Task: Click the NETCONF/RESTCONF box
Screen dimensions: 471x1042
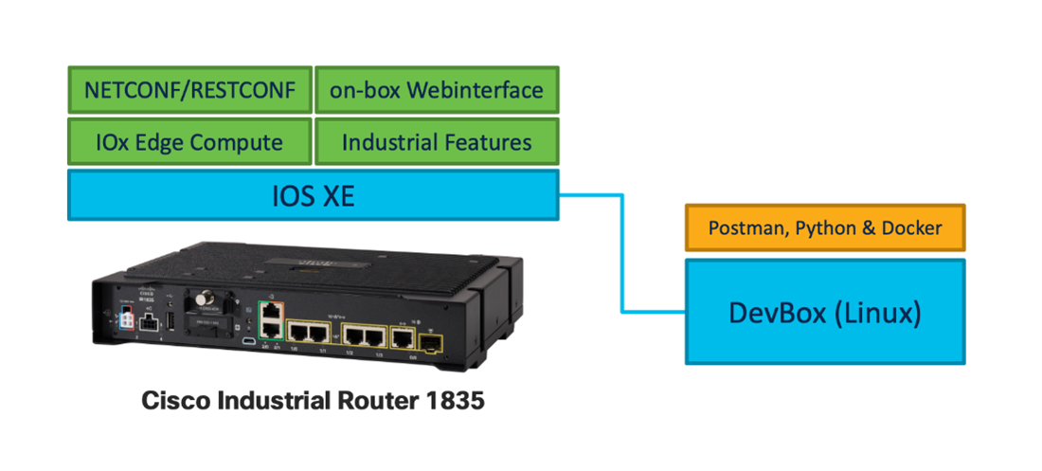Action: point(189,90)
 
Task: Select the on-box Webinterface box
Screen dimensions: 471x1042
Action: point(437,90)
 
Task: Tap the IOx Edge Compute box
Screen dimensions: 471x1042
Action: point(189,142)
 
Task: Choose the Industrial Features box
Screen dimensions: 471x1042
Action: point(437,142)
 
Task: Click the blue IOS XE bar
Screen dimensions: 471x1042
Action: point(313,196)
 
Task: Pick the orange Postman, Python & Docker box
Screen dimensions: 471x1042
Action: point(824,228)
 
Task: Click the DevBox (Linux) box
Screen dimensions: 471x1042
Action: point(824,312)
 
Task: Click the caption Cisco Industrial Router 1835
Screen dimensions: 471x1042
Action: point(313,401)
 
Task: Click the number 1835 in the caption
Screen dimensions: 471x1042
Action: point(454,401)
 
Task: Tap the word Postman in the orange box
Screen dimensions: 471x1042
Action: point(742,228)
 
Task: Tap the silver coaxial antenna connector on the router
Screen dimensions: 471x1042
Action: point(201,302)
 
